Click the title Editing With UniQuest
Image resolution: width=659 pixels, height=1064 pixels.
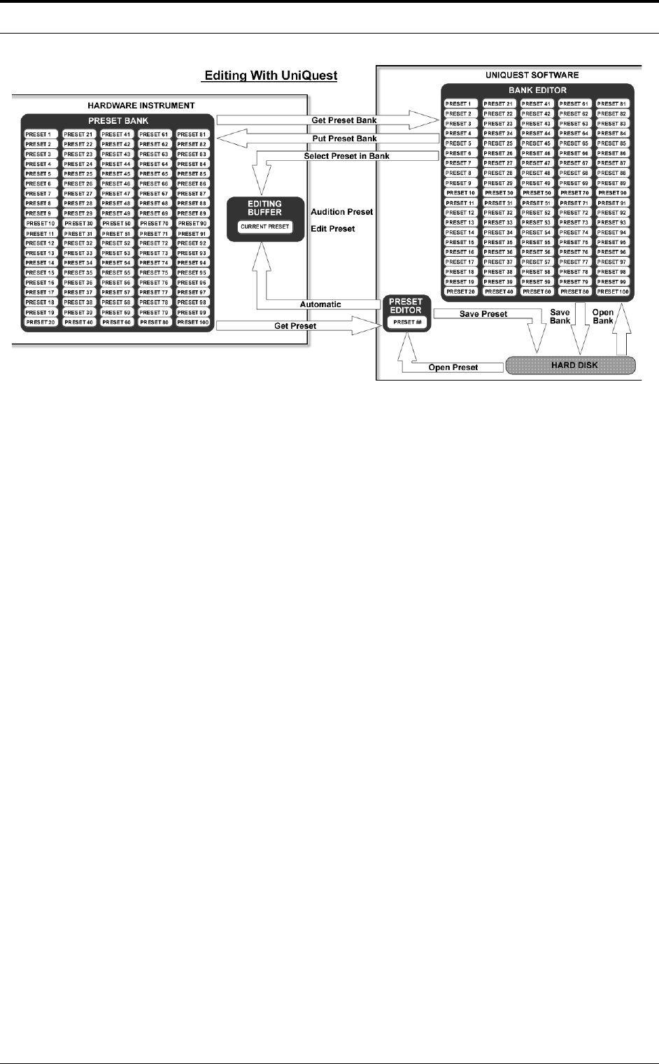269,75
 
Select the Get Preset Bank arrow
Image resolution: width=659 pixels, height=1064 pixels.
343,120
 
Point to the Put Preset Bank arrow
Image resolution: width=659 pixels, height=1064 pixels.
344,139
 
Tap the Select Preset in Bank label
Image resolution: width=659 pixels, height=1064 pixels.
346,156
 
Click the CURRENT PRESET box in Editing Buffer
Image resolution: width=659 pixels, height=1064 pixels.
264,227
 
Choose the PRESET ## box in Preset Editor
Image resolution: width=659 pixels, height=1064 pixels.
406,322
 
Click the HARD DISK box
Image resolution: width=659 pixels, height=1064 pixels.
570,365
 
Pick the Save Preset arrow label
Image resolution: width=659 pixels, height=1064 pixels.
483,314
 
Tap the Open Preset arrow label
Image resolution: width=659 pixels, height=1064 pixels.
453,367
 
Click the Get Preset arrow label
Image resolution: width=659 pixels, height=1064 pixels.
295,326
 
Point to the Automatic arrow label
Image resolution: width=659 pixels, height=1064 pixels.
320,304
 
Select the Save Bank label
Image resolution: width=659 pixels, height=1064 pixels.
560,317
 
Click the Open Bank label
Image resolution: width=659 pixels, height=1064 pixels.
603,317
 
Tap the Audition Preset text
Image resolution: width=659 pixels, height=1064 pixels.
342,212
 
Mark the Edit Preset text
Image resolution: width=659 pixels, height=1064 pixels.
333,229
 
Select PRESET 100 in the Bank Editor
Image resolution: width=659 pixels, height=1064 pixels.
613,292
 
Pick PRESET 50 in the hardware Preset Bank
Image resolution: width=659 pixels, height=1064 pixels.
117,224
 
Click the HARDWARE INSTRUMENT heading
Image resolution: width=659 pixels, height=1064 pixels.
141,106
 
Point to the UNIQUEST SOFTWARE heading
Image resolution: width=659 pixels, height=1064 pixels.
532,75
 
